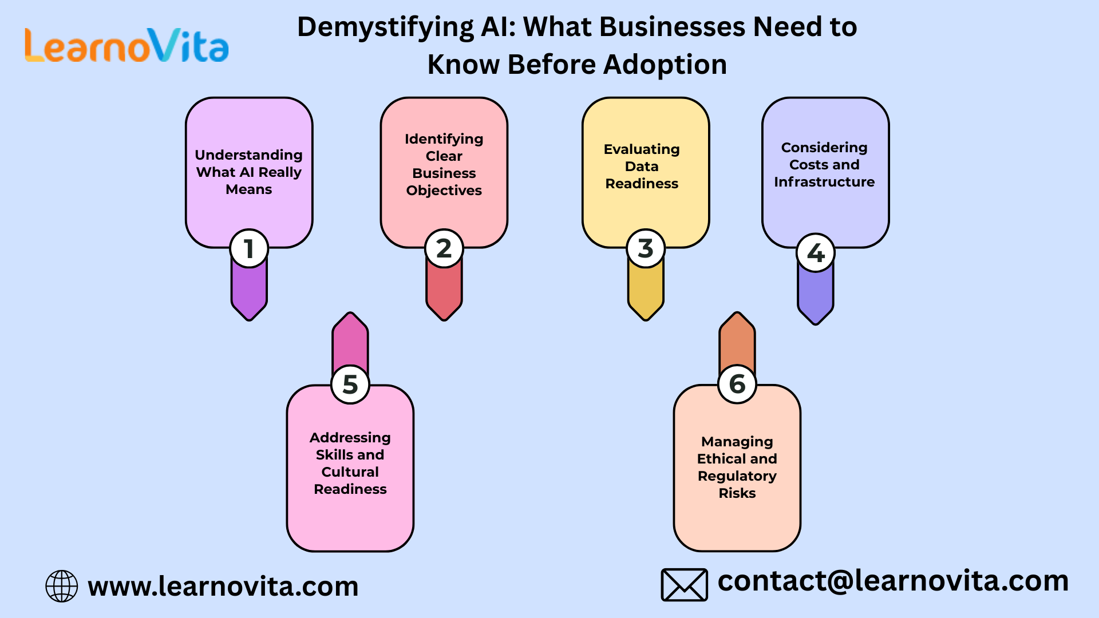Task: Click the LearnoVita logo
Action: [126, 46]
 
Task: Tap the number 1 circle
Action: [249, 249]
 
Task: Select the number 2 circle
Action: [444, 249]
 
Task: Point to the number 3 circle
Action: [646, 249]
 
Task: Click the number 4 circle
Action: [816, 253]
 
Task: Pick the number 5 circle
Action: [350, 385]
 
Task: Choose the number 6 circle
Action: [737, 385]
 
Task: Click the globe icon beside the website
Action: [62, 586]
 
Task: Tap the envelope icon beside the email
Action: [684, 585]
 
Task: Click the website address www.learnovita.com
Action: [223, 587]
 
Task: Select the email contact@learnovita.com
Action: [893, 581]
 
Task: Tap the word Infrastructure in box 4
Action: [824, 182]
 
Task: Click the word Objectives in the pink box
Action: [444, 191]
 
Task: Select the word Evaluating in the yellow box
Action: [642, 149]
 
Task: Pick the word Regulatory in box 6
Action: [737, 476]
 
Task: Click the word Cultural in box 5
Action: [350, 472]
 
